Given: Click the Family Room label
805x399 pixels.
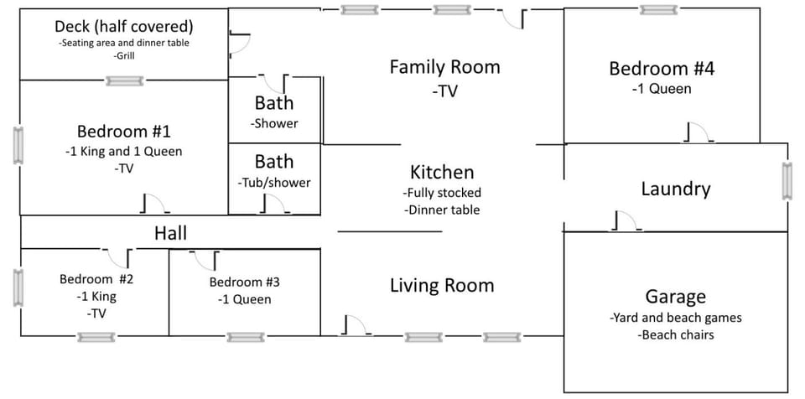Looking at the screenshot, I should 444,67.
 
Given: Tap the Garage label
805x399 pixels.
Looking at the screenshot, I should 675,296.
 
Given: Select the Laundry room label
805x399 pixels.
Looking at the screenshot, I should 675,189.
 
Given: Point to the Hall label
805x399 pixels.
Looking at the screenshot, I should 170,232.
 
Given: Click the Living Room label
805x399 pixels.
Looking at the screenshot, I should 442,285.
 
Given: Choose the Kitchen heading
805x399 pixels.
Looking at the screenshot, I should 442,172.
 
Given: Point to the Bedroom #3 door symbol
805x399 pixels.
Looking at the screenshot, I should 206,260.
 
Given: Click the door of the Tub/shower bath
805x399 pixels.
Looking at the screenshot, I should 272,205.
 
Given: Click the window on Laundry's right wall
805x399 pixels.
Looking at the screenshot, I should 787,181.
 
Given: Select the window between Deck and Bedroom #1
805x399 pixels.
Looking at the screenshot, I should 124,81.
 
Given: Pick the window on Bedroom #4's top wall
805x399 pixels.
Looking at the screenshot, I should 658,10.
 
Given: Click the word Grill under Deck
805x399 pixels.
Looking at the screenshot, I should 124,56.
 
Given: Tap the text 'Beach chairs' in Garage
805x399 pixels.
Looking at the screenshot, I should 676,334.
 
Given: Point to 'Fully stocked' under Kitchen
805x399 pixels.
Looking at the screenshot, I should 441,193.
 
